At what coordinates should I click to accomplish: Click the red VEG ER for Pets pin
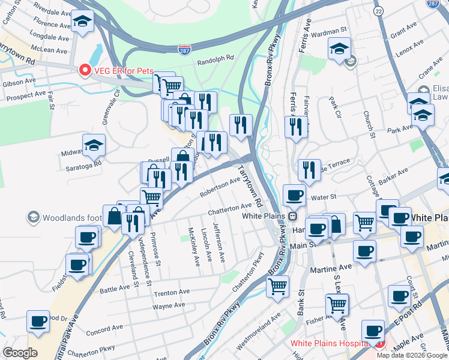[x=85, y=70]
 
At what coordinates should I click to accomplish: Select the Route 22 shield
[x=378, y=11]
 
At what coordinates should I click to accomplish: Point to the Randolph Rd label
[x=214, y=61]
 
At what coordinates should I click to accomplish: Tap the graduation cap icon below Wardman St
[x=339, y=49]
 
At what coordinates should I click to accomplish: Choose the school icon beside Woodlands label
[x=34, y=216]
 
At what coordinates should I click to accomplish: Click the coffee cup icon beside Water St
[x=294, y=195]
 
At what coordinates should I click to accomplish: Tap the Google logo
[x=20, y=352]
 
